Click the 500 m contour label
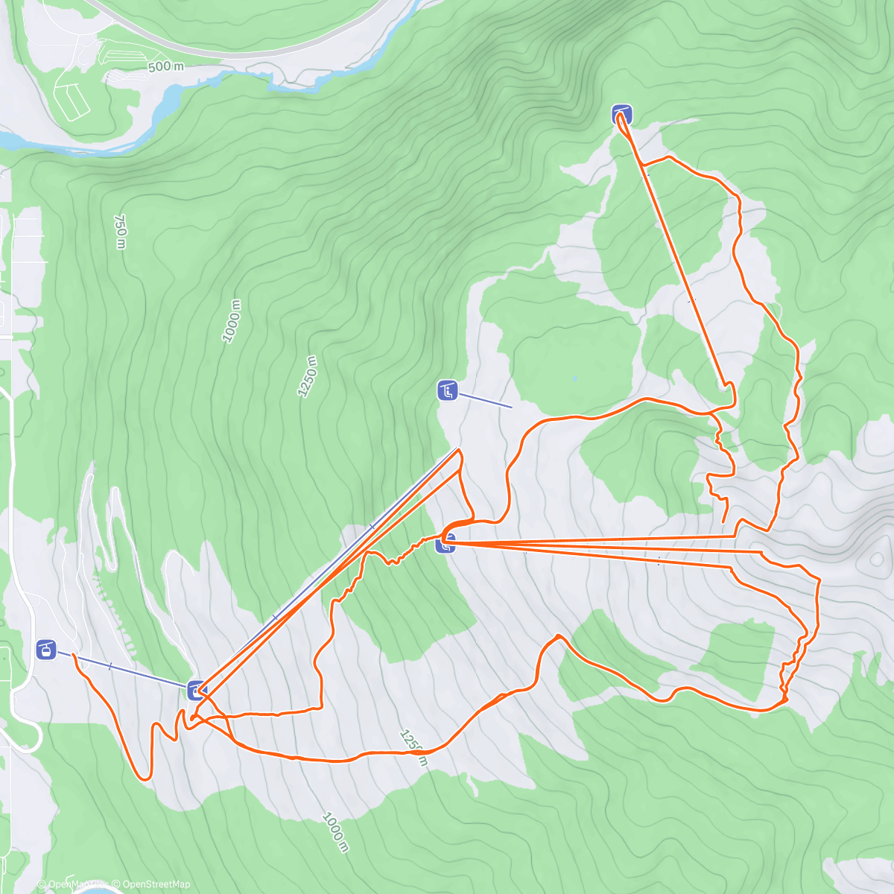(166, 66)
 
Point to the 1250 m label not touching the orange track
(307, 376)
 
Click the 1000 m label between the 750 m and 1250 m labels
(232, 321)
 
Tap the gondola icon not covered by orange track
(46, 650)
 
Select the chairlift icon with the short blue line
(447, 390)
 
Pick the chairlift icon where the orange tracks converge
(446, 544)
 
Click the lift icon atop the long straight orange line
(622, 115)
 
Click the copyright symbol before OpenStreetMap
(115, 884)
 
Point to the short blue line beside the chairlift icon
(484, 399)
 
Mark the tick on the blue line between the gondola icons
(110, 665)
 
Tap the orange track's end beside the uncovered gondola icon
(73, 653)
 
